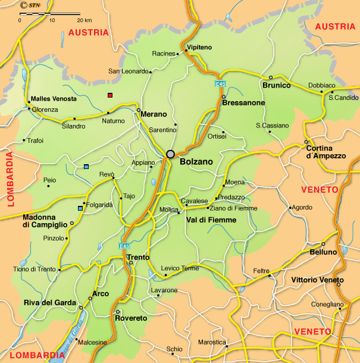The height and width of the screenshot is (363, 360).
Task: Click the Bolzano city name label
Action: [196, 161]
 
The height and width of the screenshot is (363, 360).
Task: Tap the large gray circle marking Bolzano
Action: [171, 154]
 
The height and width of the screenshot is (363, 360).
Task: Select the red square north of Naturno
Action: [109, 95]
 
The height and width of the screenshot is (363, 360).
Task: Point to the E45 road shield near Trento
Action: [124, 246]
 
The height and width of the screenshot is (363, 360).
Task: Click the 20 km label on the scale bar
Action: [84, 20]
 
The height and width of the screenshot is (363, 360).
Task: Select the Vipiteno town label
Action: [199, 46]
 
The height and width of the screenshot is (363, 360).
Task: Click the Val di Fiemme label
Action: [211, 220]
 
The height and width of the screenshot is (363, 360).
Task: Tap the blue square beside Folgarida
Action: [80, 208]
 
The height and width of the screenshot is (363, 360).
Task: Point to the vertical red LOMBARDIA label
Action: [10, 179]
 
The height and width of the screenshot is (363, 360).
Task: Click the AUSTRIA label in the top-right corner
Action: [334, 26]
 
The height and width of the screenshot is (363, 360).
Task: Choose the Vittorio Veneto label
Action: [317, 280]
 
